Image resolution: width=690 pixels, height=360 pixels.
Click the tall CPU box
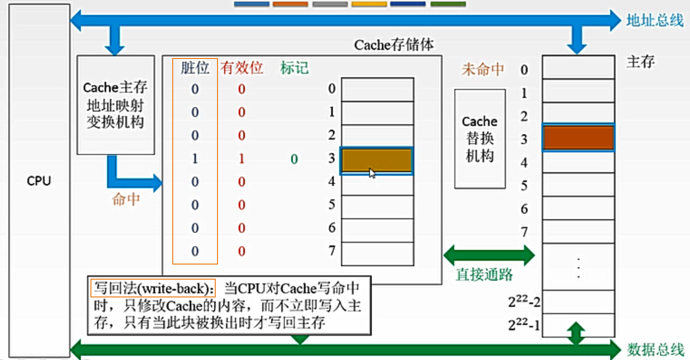point(39,181)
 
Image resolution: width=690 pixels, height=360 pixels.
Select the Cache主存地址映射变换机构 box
point(116,105)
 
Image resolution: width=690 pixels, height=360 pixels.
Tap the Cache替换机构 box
point(480,139)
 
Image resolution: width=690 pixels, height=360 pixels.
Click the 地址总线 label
point(655,21)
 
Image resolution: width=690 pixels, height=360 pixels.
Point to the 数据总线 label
point(655,349)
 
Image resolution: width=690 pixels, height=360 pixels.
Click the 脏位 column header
point(195,68)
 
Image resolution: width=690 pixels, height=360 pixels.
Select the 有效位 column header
point(242,68)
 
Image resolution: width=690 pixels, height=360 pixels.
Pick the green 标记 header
point(294,68)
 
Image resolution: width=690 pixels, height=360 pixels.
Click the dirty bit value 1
point(195,159)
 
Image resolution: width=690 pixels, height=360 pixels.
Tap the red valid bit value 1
point(242,159)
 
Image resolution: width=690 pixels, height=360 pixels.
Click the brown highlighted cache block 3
point(377,161)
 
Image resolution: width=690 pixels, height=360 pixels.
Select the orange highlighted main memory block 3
point(578,137)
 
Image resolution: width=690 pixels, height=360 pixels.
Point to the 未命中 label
point(483,69)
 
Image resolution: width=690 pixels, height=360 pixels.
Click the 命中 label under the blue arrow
point(126,199)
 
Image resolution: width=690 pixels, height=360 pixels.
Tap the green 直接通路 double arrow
point(488,255)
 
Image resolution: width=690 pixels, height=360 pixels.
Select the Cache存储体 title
point(393,45)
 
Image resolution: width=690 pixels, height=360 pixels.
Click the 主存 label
point(640,62)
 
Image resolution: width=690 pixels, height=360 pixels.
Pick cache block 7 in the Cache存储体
point(377,254)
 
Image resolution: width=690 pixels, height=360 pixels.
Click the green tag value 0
point(294,159)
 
